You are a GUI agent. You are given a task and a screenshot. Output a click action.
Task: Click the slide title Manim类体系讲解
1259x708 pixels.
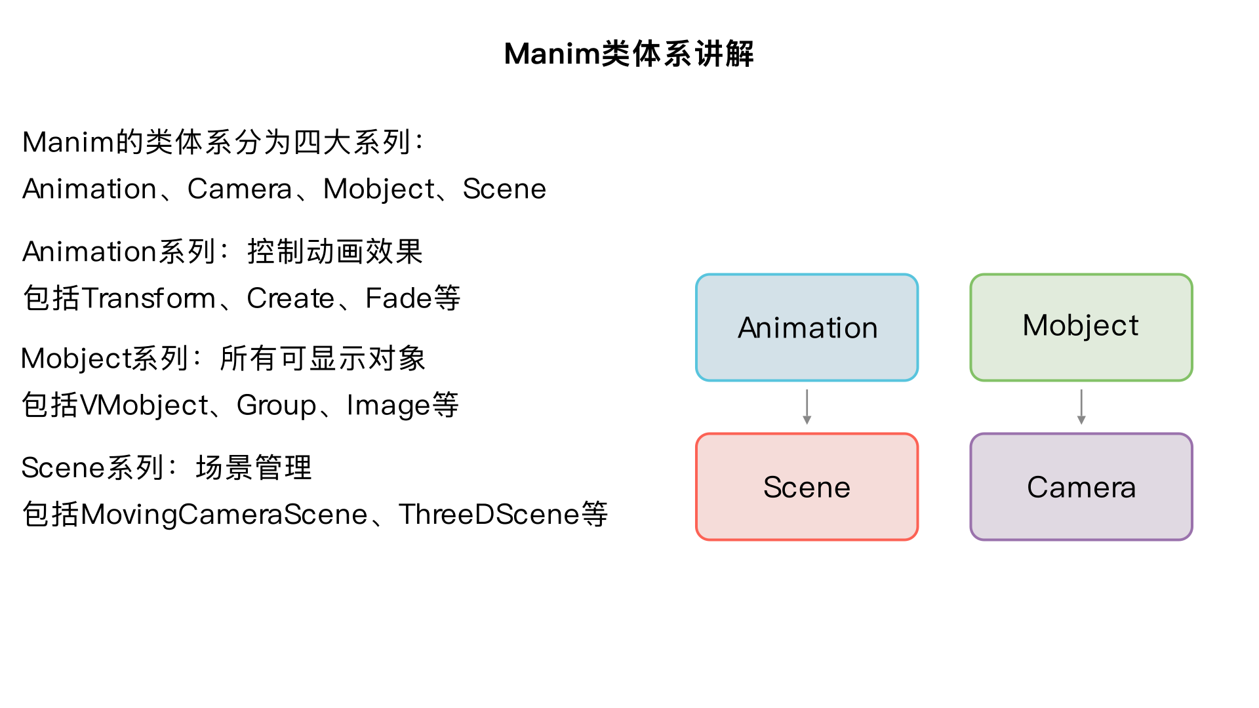(x=629, y=54)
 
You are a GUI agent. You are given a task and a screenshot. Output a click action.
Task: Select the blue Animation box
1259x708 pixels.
(x=807, y=327)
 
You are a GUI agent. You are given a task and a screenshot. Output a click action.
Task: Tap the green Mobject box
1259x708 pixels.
(x=1081, y=327)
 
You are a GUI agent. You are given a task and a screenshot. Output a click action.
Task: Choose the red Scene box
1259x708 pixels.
(x=807, y=486)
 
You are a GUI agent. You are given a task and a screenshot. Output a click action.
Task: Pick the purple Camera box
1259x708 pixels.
(x=1081, y=486)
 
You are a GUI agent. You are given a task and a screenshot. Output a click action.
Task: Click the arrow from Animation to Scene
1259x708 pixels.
(x=807, y=407)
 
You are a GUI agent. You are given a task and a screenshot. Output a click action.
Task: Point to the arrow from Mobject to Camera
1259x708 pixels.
(x=1081, y=407)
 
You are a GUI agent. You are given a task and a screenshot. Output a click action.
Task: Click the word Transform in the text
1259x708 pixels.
(x=149, y=298)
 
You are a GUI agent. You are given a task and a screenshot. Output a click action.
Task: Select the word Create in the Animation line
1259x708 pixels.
(x=290, y=298)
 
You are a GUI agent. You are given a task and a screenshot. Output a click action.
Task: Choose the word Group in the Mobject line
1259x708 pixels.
(x=276, y=405)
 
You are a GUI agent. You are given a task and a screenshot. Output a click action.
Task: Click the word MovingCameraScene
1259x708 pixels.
(x=224, y=515)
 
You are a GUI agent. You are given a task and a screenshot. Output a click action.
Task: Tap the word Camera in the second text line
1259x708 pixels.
(x=239, y=189)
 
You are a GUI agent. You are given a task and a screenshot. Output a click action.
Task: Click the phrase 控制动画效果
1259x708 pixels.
(x=335, y=252)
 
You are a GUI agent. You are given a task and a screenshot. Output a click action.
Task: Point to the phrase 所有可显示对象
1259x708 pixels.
(x=323, y=359)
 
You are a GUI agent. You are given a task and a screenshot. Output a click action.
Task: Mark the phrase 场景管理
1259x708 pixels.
(x=254, y=468)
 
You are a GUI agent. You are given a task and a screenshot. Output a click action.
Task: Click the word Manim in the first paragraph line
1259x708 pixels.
(x=68, y=142)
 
